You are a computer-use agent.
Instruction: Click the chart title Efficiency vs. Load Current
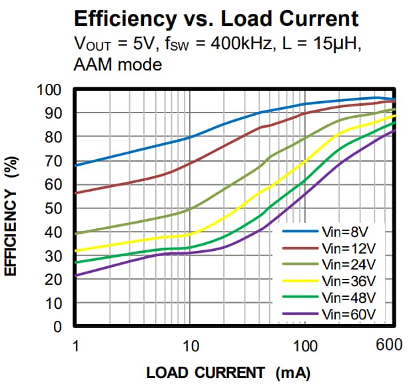pyautogui.click(x=216, y=18)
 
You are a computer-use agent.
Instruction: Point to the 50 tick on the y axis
pyautogui.click(x=53, y=208)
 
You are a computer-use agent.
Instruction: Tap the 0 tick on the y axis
pyautogui.click(x=57, y=327)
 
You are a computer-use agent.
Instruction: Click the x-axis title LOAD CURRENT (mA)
pyautogui.click(x=228, y=371)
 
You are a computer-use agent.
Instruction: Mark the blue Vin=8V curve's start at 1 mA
pyautogui.click(x=76, y=165)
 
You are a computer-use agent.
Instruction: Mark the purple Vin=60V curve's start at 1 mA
pyautogui.click(x=76, y=275)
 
